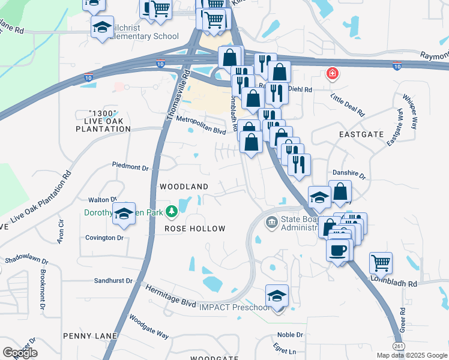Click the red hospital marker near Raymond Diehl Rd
tap(331, 74)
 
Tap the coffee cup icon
tap(338, 249)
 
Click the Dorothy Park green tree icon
tap(172, 211)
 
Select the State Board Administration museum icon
tap(271, 223)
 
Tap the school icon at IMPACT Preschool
tap(277, 296)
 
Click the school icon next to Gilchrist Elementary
tap(103, 27)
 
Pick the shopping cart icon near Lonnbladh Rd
tap(381, 263)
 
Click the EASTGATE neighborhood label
tap(361, 135)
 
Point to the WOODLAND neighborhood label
tap(184, 187)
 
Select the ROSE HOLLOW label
tap(195, 229)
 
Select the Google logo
tap(20, 352)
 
